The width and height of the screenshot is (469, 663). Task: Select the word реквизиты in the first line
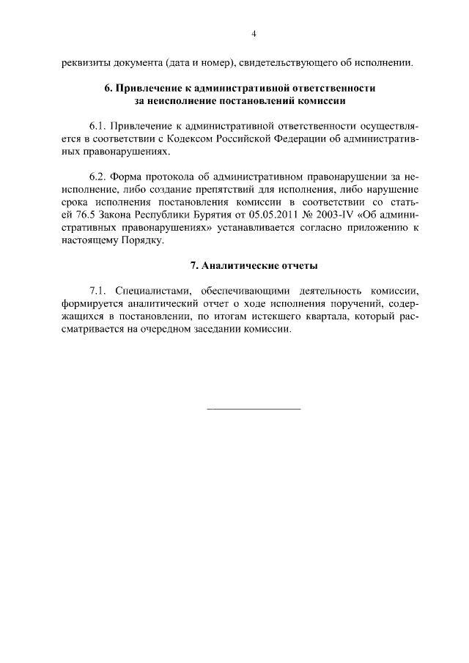(86, 62)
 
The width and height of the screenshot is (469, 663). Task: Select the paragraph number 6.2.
(99, 177)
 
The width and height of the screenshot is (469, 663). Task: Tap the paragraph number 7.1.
(99, 291)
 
